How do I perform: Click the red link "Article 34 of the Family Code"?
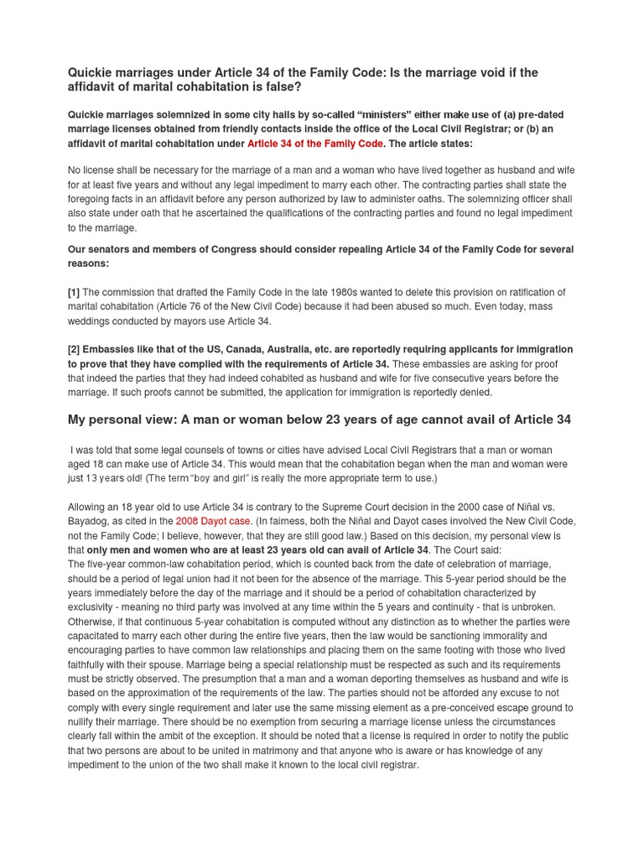tap(314, 143)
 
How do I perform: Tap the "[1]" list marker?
tap(74, 292)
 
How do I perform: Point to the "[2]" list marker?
tap(74, 349)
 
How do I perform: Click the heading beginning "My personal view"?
tap(319, 419)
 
